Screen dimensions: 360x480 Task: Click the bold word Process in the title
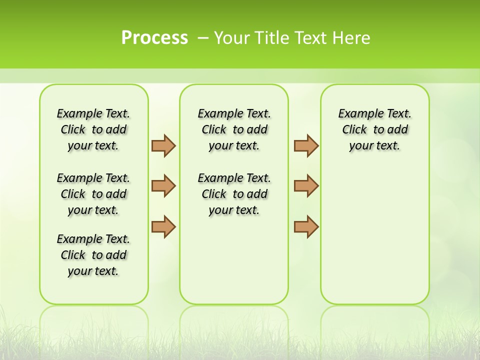pos(154,37)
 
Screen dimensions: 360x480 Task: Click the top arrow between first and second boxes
pos(163,145)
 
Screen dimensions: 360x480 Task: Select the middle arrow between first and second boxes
pos(163,186)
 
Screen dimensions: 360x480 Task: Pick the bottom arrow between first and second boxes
pos(163,226)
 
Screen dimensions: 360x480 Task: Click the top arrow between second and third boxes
pos(306,145)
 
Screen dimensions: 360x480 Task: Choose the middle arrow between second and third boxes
pos(306,186)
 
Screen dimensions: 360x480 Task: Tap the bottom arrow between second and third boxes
pos(306,226)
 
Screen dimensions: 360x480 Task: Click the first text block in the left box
pos(93,129)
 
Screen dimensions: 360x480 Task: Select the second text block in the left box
pos(93,194)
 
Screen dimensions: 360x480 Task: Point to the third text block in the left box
pos(93,255)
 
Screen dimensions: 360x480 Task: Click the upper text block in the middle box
pos(234,129)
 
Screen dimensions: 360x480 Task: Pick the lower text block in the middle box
pos(234,194)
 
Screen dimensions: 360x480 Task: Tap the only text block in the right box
pos(374,129)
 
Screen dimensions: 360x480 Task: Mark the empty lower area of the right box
pos(374,235)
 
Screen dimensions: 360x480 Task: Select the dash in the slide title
pos(203,38)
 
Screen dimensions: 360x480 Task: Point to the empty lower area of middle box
pos(234,260)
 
